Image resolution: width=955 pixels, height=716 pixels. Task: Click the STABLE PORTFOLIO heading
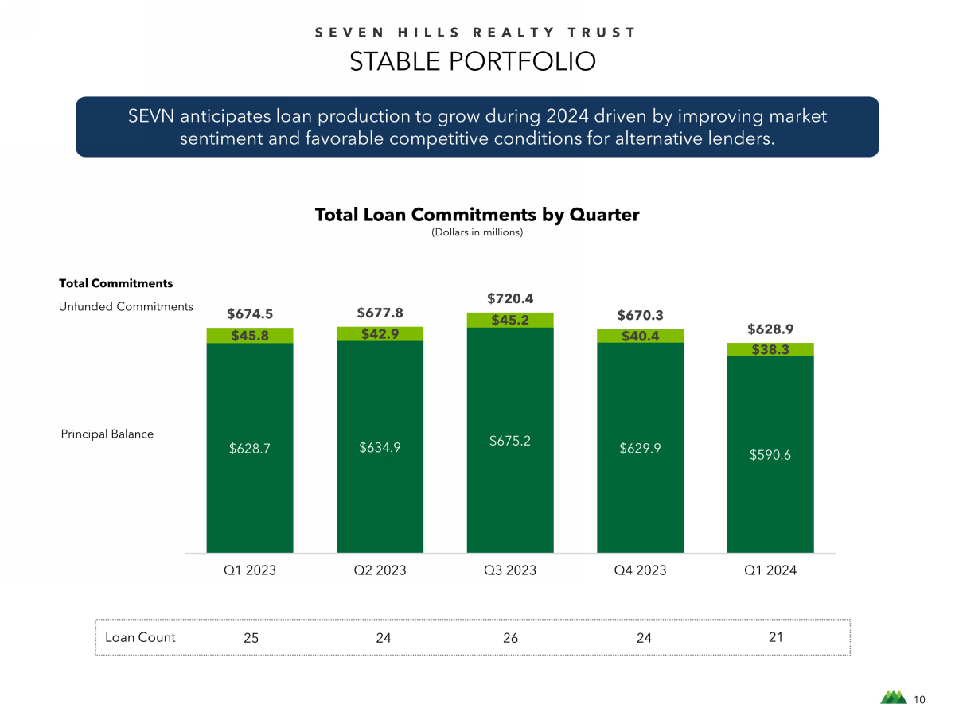(x=473, y=62)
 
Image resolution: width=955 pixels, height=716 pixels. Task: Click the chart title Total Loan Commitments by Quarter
(x=477, y=215)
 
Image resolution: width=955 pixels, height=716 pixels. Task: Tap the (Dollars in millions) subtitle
(x=477, y=232)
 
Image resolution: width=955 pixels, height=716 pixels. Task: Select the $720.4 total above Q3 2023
(x=509, y=298)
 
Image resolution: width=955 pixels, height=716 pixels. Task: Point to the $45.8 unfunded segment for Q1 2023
(x=249, y=336)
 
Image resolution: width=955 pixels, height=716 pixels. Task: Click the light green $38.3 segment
(x=770, y=349)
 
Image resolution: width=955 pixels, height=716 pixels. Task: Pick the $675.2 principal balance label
(x=509, y=440)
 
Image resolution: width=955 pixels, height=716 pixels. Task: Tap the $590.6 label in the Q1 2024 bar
(x=770, y=455)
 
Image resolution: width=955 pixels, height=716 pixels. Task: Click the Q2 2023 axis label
(x=380, y=570)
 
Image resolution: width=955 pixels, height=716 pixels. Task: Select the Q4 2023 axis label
(x=640, y=570)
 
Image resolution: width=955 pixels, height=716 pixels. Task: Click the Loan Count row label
(x=140, y=637)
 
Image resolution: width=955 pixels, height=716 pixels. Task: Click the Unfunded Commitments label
(x=126, y=306)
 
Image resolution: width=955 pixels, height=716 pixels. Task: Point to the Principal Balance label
(x=107, y=434)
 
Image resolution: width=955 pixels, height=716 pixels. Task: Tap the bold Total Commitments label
(x=115, y=283)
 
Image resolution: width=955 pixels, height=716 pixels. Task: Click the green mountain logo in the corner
(x=893, y=698)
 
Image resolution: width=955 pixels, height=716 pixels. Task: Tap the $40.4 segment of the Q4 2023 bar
(x=640, y=337)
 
